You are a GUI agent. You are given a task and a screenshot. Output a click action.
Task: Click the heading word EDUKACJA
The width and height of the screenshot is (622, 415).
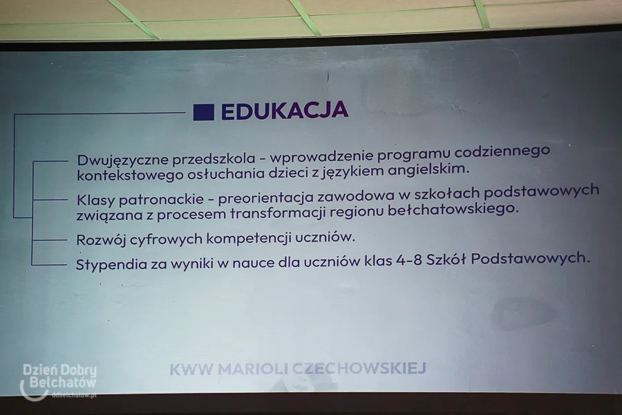pos(285,111)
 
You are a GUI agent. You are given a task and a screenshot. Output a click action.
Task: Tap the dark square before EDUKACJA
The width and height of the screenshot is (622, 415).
pos(203,112)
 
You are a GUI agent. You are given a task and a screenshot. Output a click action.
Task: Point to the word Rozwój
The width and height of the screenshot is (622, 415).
pos(101,240)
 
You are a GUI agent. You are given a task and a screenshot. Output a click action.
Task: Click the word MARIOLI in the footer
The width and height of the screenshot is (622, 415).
pos(254,369)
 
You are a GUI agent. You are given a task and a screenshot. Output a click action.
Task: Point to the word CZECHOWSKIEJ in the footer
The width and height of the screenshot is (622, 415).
pos(360,368)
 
